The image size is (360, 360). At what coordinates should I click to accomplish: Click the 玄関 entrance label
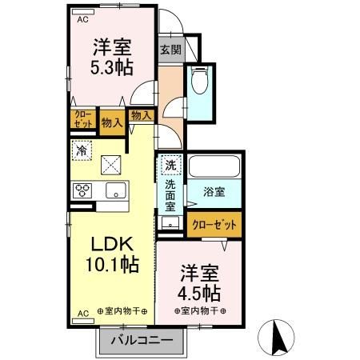coord(169,50)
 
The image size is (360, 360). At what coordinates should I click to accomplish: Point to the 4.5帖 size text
coord(200,290)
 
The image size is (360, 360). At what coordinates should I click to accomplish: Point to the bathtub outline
coord(214,168)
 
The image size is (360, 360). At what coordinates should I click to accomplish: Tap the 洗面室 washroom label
coord(170,194)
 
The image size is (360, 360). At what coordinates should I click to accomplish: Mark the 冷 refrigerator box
coord(82,149)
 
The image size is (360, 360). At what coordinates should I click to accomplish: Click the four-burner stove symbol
coord(83,190)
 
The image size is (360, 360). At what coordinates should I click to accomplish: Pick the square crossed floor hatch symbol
coord(111,166)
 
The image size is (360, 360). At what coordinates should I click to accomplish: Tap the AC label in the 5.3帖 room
coord(82,22)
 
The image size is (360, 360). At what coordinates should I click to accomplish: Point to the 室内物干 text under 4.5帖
coord(200,310)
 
